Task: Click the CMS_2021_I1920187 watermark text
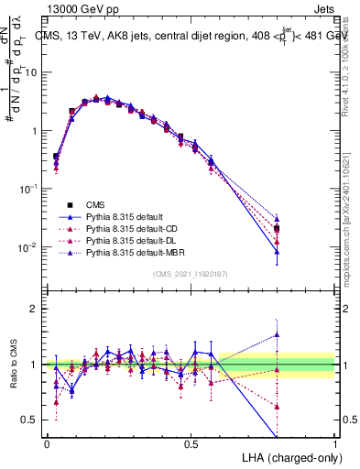191,274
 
